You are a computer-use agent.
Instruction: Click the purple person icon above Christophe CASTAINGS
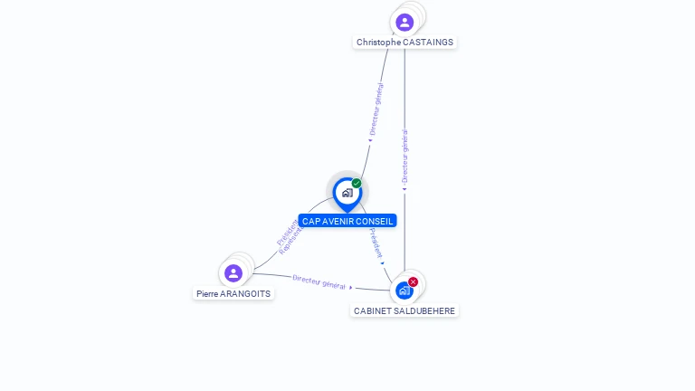click(x=405, y=22)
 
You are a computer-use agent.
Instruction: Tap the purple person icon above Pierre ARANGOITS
click(x=233, y=272)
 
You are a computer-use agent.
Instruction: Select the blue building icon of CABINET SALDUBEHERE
click(x=404, y=291)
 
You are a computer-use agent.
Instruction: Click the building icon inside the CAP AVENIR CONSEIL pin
click(x=347, y=192)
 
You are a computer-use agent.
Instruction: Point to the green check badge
click(x=357, y=184)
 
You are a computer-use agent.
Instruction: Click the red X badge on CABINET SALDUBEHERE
click(x=414, y=281)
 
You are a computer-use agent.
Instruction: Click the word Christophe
click(x=379, y=43)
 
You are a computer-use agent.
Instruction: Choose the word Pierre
click(x=207, y=294)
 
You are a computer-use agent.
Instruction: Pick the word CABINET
click(x=370, y=311)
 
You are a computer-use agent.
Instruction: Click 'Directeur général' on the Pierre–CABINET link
click(x=319, y=281)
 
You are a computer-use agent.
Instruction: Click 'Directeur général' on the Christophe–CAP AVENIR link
click(x=376, y=109)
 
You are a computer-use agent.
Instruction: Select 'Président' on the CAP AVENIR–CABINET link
click(x=376, y=243)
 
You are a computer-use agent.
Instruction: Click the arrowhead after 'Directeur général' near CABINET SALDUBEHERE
click(x=351, y=287)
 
